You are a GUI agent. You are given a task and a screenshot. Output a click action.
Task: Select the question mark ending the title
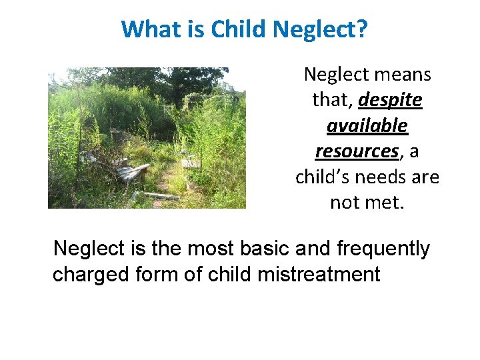361,29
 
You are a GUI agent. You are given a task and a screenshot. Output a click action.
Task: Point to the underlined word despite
390,100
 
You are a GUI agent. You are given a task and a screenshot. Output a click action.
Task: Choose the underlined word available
367,125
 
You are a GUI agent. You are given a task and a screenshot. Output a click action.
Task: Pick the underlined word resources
357,151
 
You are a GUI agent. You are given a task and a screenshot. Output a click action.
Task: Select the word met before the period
387,202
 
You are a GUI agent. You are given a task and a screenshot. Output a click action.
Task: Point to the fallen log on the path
161,195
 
